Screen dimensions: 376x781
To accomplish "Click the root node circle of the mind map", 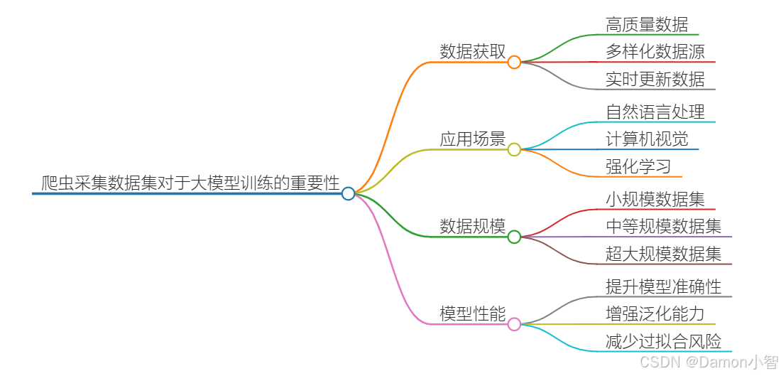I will [348, 193].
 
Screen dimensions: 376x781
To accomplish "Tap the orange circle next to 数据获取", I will [514, 62].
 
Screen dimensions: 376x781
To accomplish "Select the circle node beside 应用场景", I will [514, 149].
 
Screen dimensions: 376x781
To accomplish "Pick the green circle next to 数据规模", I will [514, 237].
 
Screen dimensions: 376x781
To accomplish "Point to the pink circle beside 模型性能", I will [514, 324].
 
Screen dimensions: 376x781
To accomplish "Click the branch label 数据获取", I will [472, 51].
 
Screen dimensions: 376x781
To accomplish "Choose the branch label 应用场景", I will [472, 139].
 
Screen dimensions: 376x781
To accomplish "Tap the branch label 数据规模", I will [472, 226].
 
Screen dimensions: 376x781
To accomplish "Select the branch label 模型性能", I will [472, 313].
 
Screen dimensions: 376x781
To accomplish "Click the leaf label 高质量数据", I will [647, 24].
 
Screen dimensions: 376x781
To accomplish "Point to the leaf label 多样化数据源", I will [655, 51].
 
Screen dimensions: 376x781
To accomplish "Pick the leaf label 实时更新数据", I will [655, 79].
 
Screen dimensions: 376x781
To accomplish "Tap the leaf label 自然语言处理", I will [655, 112].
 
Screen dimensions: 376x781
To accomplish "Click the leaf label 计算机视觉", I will [647, 139].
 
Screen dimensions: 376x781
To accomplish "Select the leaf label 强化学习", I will [638, 166].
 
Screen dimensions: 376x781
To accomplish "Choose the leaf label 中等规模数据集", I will [664, 226].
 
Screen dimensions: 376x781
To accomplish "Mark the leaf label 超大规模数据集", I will [664, 254].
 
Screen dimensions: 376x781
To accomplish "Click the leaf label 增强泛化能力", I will [655, 313].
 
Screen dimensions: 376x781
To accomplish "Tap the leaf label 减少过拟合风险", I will [664, 341].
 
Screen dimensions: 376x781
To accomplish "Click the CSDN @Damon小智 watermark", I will [709, 362].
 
